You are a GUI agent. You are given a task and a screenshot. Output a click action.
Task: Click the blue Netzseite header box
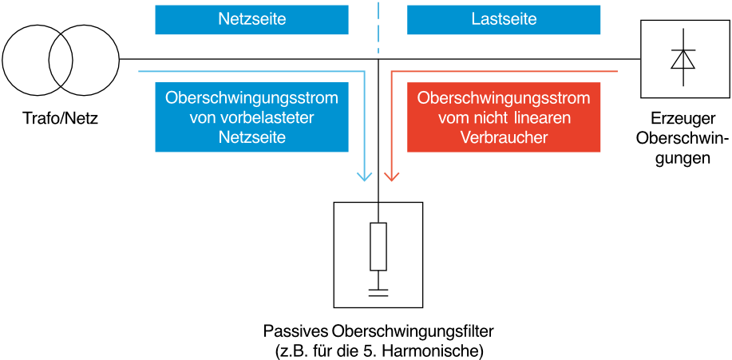[251, 20]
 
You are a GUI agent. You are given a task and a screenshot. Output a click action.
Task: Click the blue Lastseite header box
[504, 20]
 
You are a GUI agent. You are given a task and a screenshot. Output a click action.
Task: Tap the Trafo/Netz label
[61, 120]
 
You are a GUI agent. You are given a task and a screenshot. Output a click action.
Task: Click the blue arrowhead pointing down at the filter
[364, 176]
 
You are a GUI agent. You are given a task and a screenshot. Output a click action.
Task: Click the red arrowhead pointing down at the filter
[391, 176]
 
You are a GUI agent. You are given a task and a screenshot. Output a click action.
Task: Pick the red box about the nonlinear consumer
[504, 117]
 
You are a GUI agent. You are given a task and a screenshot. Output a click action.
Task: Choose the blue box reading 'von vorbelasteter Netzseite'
[251, 117]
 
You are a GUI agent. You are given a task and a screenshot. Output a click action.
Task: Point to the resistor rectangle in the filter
[378, 247]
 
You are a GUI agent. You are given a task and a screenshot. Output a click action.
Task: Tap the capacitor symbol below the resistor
[378, 293]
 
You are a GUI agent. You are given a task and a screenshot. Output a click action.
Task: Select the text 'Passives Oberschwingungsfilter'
[378, 332]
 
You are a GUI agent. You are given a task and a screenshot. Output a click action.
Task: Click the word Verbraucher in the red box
[504, 138]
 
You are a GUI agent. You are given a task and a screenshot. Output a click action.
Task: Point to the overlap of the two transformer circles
[61, 59]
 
